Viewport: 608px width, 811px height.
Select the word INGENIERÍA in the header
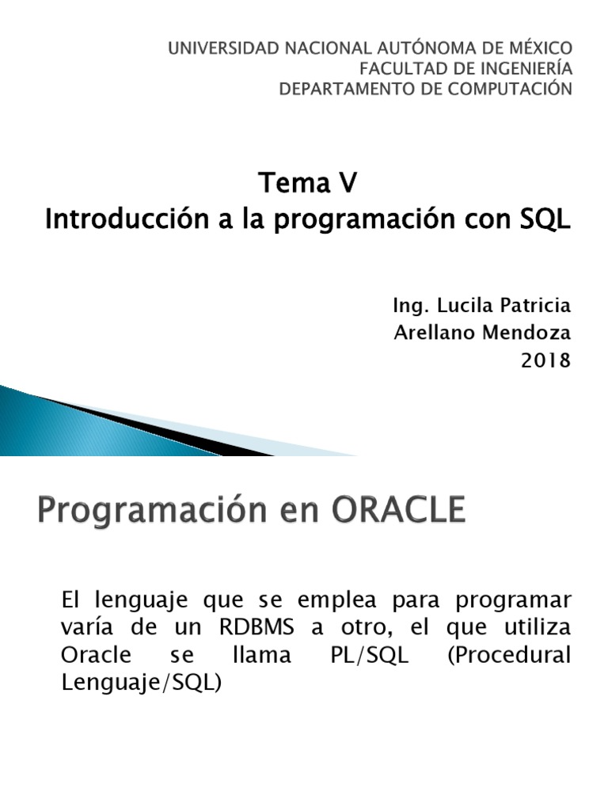pyautogui.click(x=528, y=69)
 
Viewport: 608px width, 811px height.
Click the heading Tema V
pyautogui.click(x=308, y=184)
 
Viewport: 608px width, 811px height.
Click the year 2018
pyautogui.click(x=545, y=360)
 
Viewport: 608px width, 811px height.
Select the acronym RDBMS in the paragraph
pyautogui.click(x=253, y=629)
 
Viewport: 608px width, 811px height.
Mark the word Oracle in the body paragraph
pyautogui.click(x=93, y=657)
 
